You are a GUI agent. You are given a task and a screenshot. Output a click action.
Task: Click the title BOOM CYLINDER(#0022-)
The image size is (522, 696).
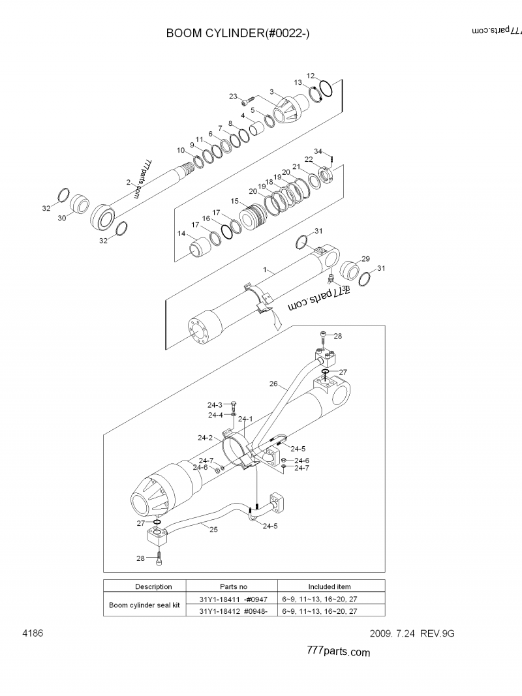(238, 33)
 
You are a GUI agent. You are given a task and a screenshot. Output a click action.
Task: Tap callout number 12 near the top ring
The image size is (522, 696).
(311, 76)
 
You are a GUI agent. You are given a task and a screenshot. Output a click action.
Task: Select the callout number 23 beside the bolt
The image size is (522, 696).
(233, 97)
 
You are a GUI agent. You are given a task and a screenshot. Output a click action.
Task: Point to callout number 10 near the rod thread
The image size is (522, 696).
(181, 150)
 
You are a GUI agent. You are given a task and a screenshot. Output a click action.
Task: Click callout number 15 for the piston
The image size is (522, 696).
(235, 201)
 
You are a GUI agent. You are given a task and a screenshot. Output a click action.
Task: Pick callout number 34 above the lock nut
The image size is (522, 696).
(318, 151)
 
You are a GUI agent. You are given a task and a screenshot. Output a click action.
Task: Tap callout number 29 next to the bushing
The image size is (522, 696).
(366, 259)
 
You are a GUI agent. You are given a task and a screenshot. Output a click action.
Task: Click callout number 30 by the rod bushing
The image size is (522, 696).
(62, 218)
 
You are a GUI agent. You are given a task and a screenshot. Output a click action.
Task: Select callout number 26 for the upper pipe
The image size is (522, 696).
(273, 384)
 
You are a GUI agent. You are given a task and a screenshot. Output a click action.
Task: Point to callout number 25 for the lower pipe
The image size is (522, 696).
(213, 530)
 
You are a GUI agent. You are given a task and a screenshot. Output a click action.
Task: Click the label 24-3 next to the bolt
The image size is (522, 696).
(215, 405)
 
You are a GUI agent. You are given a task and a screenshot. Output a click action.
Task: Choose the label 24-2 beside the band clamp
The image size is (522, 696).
(205, 438)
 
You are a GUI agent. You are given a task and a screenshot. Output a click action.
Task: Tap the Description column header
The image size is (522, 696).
(153, 586)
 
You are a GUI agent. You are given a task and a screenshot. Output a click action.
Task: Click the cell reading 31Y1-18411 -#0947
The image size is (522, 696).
(234, 599)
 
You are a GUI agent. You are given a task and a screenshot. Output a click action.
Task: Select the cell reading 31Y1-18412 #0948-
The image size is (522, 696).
(234, 611)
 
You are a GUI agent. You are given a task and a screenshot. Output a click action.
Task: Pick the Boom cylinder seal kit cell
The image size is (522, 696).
(144, 605)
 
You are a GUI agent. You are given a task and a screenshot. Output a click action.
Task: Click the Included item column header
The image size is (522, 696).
(330, 586)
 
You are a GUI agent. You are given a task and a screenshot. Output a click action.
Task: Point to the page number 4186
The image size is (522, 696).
(33, 633)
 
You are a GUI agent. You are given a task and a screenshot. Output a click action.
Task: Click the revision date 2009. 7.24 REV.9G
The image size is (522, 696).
(412, 633)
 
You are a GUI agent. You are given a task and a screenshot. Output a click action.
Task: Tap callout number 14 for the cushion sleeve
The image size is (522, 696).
(181, 234)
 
